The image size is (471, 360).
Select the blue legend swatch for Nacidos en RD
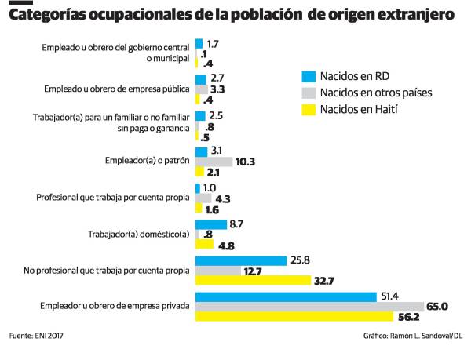[309, 76]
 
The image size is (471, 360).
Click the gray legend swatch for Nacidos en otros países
[309, 93]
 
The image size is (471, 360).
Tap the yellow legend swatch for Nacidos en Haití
[309, 109]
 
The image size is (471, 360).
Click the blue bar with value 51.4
[286, 296]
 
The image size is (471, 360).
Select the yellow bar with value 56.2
[294, 317]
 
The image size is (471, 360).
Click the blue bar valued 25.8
[239, 260]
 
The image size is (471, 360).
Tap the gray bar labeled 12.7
[217, 271]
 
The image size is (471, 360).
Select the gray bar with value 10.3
[214, 162]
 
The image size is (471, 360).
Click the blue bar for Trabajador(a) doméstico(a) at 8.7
[210, 224]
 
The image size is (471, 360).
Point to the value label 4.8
[226, 245]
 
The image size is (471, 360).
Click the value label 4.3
[222, 198]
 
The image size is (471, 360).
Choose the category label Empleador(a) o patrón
[147, 161]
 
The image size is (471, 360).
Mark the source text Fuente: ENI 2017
[37, 336]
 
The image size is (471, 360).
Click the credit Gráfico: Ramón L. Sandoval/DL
[413, 336]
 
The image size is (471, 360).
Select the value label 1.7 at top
[212, 43]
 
